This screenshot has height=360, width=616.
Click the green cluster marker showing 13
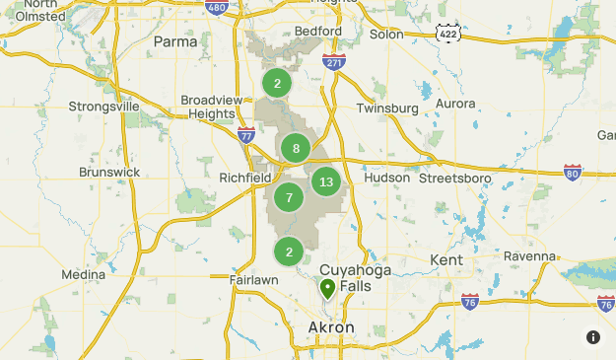[x=326, y=181]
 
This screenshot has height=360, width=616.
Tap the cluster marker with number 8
[x=296, y=149]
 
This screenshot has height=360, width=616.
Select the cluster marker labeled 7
[x=289, y=197]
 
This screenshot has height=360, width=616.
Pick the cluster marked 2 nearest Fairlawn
[x=289, y=252]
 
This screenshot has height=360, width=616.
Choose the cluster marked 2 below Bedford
[x=278, y=84]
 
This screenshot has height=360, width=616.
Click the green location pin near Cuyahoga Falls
[x=327, y=288]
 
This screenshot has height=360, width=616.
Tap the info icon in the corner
[x=593, y=337]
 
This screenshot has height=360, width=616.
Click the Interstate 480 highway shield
[x=218, y=8]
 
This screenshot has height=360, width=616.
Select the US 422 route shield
[x=448, y=34]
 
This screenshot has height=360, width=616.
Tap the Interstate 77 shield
[x=246, y=134]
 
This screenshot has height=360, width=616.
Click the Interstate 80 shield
[x=573, y=172]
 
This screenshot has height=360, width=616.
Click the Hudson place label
[x=386, y=178]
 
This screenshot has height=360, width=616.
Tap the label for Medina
[x=83, y=274]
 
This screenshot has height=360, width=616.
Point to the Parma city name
[x=176, y=41]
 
